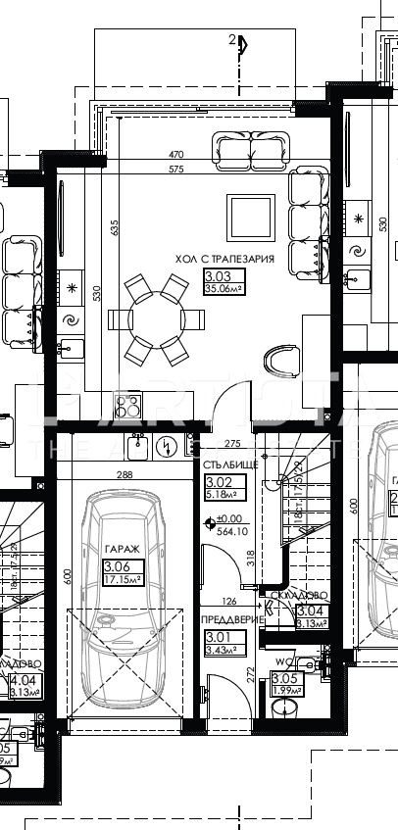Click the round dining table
(158, 318)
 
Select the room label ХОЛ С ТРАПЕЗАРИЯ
(224, 259)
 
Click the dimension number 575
(176, 169)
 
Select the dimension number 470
(176, 155)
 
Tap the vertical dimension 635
(115, 229)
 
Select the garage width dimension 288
(124, 475)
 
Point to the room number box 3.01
(215, 636)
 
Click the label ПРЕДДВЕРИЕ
(228, 619)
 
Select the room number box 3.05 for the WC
(283, 677)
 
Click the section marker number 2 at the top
(231, 40)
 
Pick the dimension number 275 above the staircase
(233, 444)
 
